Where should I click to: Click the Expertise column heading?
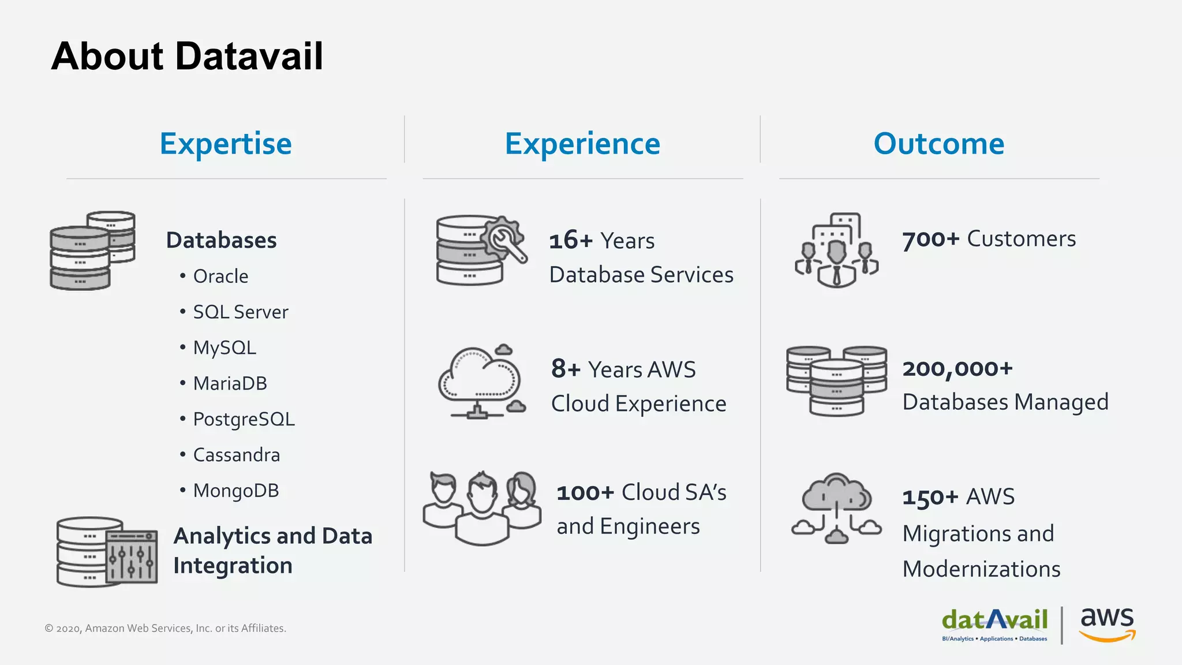[226, 144]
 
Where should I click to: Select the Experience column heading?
[582, 144]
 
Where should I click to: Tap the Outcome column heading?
[939, 144]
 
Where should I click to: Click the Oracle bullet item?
[220, 277]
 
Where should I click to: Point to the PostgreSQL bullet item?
[244, 420]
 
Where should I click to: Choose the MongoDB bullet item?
[235, 491]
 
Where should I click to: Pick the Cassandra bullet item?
[236, 455]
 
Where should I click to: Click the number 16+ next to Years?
[571, 240]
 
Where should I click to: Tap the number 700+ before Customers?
[930, 239]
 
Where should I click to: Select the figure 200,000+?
[957, 368]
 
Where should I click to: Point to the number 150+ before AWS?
[930, 497]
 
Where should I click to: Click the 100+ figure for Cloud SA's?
[585, 492]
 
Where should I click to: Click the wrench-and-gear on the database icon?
[504, 239]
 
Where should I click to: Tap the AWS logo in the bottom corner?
[1107, 623]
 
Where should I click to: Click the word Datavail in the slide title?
[249, 57]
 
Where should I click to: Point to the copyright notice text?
[166, 628]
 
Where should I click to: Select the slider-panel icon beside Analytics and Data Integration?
[132, 556]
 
